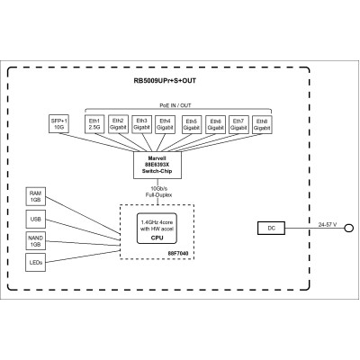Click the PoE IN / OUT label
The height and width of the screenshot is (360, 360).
(178, 104)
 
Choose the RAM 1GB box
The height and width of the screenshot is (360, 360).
(36, 197)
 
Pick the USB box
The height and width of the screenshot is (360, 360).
(36, 219)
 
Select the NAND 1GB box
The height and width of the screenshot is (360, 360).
(36, 239)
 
